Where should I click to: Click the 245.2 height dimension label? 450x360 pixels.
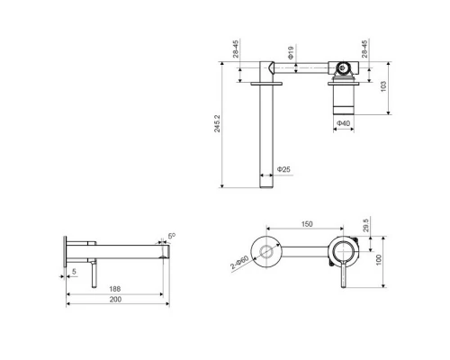(217, 123)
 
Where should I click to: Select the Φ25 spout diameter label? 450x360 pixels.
(283, 169)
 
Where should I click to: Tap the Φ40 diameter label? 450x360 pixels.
(343, 123)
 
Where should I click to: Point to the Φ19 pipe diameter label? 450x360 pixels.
(291, 52)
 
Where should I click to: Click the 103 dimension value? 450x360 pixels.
(383, 86)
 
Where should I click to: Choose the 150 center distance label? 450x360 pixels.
(307, 224)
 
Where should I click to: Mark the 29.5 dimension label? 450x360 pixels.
(365, 225)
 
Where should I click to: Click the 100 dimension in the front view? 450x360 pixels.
(378, 259)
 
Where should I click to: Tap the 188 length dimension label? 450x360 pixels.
(115, 289)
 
